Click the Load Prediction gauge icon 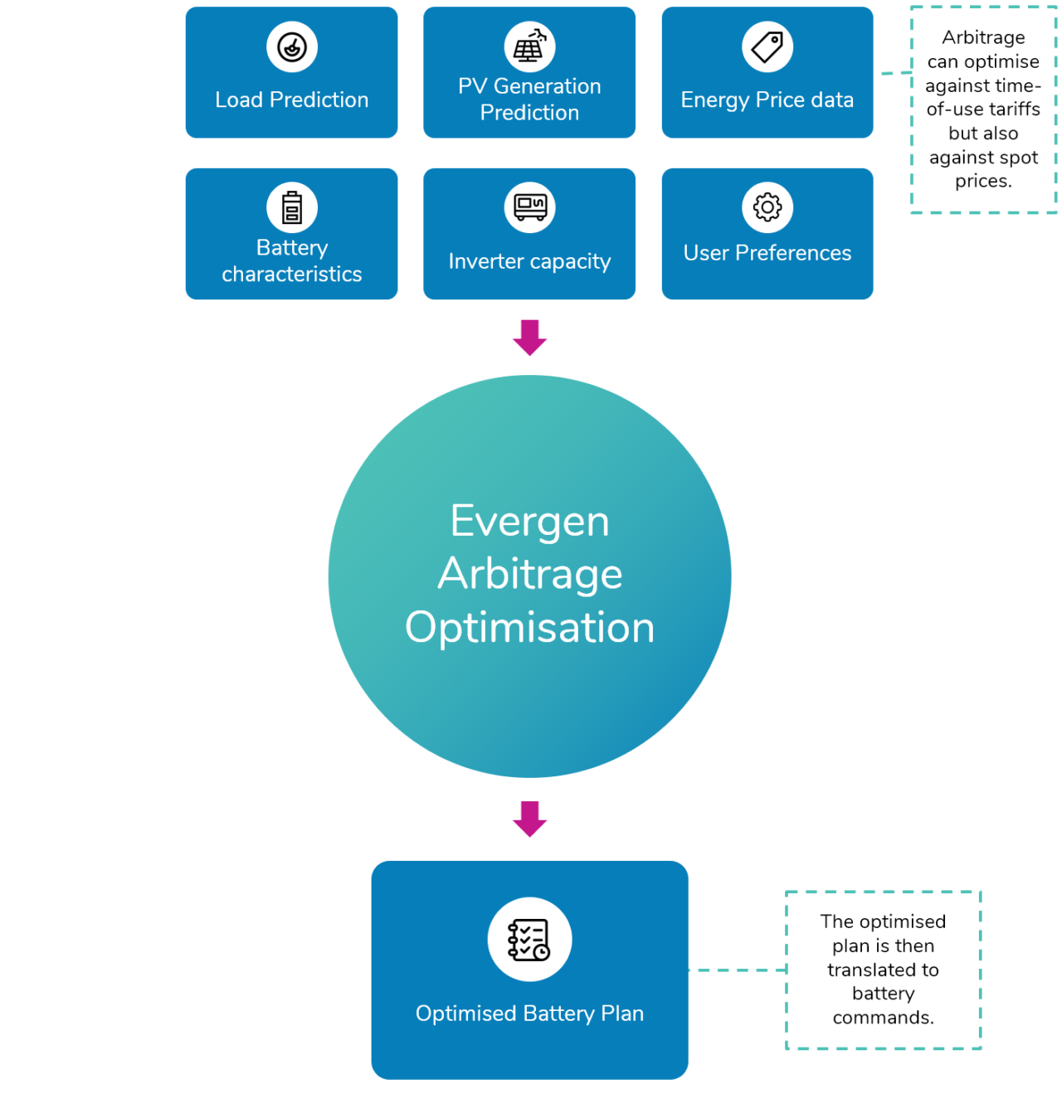292,47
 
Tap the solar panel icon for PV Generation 529,47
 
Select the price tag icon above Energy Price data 767,47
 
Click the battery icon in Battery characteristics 292,207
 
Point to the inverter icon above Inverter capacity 529,207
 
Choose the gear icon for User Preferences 767,207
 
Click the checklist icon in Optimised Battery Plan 529,940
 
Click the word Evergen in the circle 529,522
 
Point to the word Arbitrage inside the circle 529,574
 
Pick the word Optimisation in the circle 529,627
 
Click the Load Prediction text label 292,100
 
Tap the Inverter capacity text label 529,261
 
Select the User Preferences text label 767,253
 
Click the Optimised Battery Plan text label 529,1014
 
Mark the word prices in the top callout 983,181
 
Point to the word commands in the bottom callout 883,1018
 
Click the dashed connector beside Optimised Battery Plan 737,970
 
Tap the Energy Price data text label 767,100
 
